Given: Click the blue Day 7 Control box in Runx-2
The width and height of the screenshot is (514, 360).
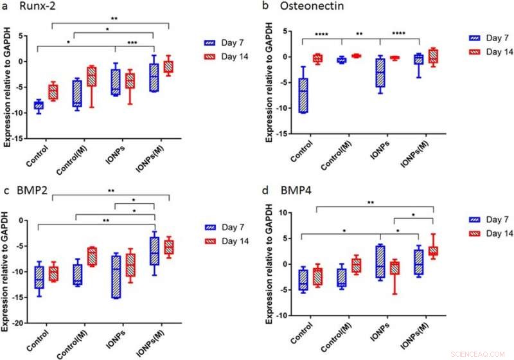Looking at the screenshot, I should click(39, 105).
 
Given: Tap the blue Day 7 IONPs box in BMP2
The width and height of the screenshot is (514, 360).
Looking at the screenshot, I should click(115, 276).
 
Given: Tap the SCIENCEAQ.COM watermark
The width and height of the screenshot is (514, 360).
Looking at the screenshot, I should click(484, 353).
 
